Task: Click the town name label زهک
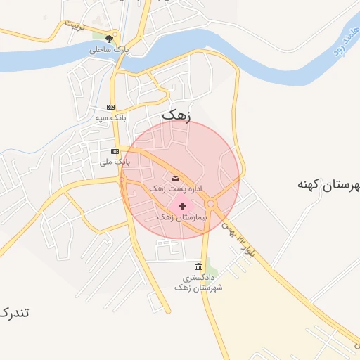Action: (x=176, y=114)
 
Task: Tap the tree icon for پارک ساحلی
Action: (x=109, y=39)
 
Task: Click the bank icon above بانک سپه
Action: (x=110, y=107)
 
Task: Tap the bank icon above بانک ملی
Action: (x=115, y=151)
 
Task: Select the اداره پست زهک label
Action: (x=169, y=189)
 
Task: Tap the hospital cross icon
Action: (x=183, y=206)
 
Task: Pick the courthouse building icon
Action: (x=198, y=267)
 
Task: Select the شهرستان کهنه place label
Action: (x=328, y=185)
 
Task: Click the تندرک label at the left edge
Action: (x=14, y=311)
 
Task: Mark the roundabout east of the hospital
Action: (x=210, y=204)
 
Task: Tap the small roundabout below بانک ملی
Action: (x=122, y=179)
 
